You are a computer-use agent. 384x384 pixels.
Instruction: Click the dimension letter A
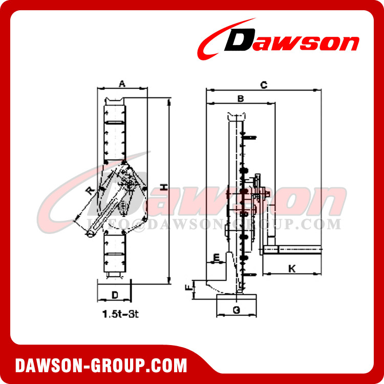tap(122, 83)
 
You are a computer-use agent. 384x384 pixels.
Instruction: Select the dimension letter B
tap(240, 97)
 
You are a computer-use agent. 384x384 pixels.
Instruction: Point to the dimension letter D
tap(115, 295)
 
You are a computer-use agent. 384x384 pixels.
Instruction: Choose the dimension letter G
tap(236, 309)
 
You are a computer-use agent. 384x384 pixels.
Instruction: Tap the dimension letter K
tap(291, 268)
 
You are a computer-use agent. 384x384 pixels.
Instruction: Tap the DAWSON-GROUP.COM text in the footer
tap(101, 365)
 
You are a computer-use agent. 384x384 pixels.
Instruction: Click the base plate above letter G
tap(237, 298)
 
